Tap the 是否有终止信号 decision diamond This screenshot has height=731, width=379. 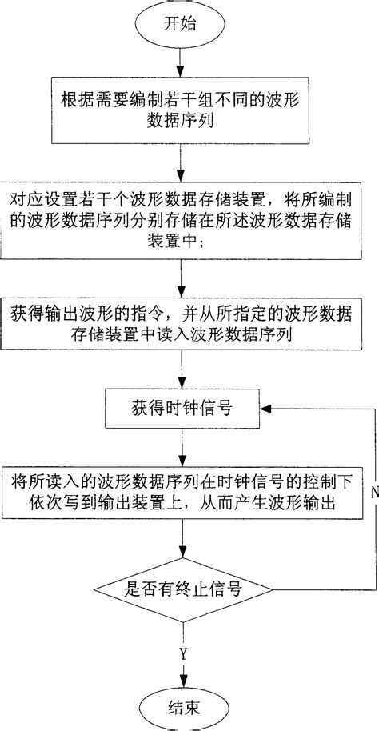(182, 590)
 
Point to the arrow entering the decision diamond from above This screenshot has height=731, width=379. (182, 552)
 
